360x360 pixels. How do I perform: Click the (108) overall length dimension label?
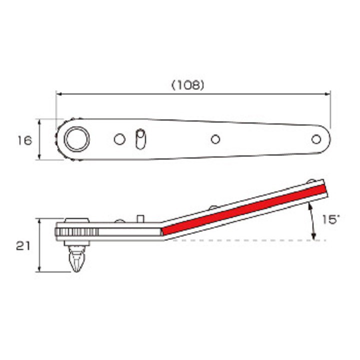point(188,85)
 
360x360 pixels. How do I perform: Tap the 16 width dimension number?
point(25,140)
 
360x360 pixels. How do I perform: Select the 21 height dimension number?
point(23,246)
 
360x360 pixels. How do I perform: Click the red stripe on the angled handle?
point(244,210)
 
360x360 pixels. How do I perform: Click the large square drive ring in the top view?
point(76,139)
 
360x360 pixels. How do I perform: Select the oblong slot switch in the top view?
point(140,139)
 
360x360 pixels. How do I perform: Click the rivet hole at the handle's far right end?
point(316,139)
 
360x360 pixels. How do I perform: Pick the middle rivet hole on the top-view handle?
point(215,139)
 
